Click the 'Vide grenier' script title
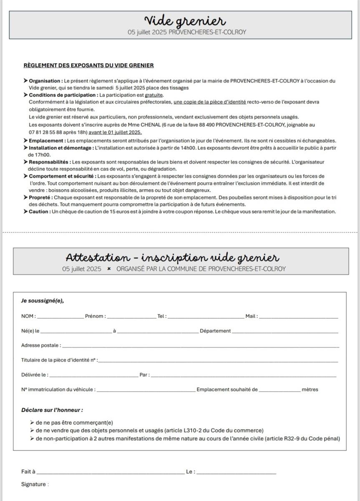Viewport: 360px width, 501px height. [x=185, y=20]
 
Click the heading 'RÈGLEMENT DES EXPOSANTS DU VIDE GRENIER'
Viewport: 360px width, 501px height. [x=88, y=66]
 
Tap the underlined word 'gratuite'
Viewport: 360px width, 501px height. [x=154, y=95]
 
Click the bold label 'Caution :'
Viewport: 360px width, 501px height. [x=39, y=212]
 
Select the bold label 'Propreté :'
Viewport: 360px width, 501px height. [x=41, y=197]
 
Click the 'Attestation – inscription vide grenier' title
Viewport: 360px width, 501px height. [x=172, y=258]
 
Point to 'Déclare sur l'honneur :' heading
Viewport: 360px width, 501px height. [x=52, y=410]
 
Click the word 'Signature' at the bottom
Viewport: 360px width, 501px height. [x=33, y=484]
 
